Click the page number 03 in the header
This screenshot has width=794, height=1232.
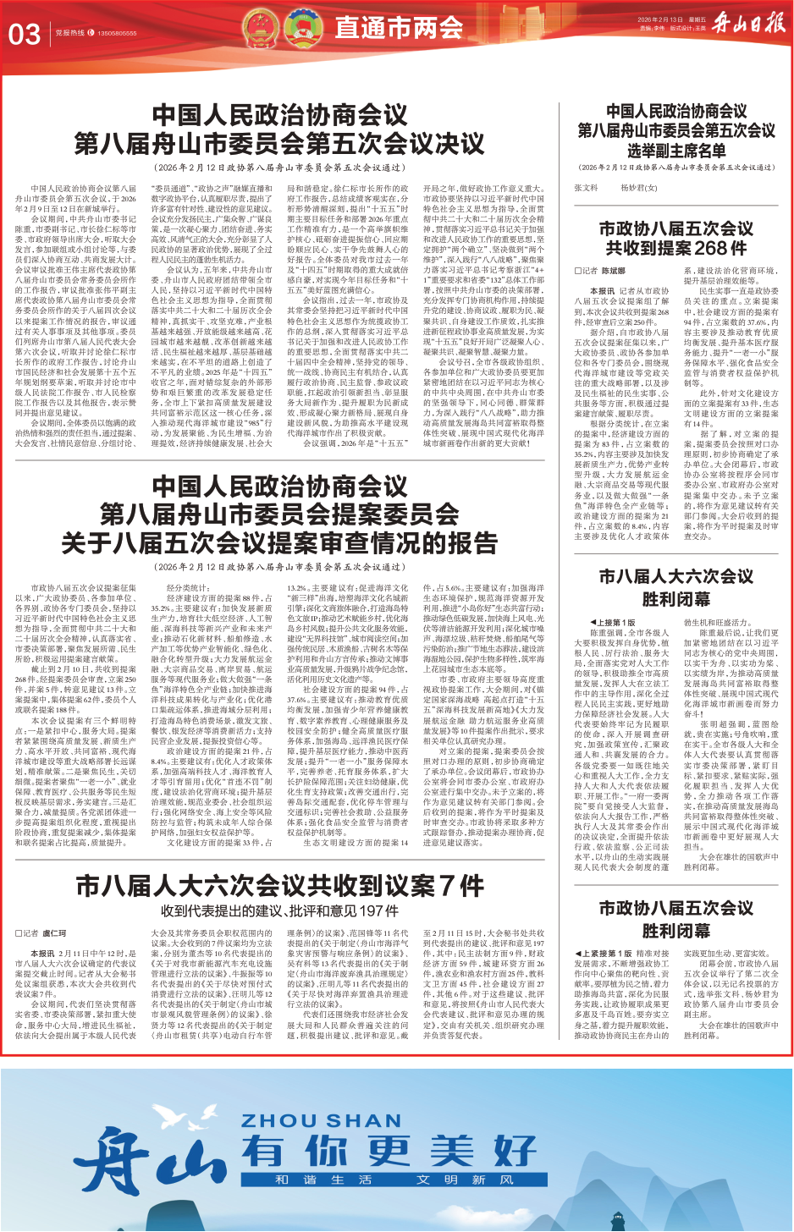coord(25,34)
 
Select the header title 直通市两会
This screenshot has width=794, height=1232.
coord(399,28)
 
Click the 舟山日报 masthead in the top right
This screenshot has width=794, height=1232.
coord(748,23)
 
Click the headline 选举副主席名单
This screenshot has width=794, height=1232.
coord(676,151)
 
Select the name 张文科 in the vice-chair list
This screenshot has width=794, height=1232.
coord(586,188)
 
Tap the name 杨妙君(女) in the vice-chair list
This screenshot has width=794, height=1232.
coord(638,188)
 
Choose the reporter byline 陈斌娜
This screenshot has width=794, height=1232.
coord(613,271)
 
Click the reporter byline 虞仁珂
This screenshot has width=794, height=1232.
coord(52,933)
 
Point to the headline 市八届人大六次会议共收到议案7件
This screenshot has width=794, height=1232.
coord(279,886)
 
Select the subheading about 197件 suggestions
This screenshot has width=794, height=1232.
coord(279,911)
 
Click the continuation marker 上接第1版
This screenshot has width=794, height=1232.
coord(615,622)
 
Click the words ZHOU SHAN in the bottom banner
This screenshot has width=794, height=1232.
coord(321,1121)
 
